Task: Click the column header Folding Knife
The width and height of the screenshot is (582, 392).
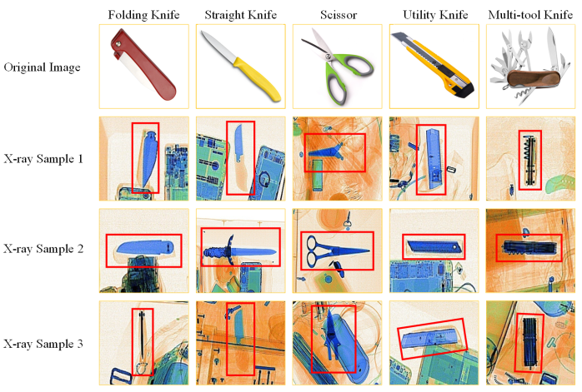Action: click(x=143, y=15)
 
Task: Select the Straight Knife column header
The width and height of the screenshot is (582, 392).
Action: click(x=240, y=15)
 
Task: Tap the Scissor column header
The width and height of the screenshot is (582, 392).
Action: click(x=339, y=15)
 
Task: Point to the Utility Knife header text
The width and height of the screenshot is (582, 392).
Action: click(x=435, y=15)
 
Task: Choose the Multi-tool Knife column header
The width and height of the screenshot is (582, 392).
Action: click(x=530, y=15)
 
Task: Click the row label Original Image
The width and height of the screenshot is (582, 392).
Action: click(x=42, y=67)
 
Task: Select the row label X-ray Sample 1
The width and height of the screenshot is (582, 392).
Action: click(x=43, y=159)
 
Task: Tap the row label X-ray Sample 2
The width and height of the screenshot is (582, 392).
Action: click(x=43, y=249)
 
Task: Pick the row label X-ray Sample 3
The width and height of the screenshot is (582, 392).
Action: click(x=43, y=344)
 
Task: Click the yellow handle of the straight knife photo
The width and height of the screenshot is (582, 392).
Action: click(x=260, y=81)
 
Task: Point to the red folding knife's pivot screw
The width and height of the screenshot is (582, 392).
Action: click(x=118, y=44)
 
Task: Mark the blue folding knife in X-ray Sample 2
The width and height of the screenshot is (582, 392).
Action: click(x=145, y=247)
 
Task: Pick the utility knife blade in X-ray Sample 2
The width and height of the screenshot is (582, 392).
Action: click(x=434, y=247)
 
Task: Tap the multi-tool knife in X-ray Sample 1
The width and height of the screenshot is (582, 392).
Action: click(x=530, y=160)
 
